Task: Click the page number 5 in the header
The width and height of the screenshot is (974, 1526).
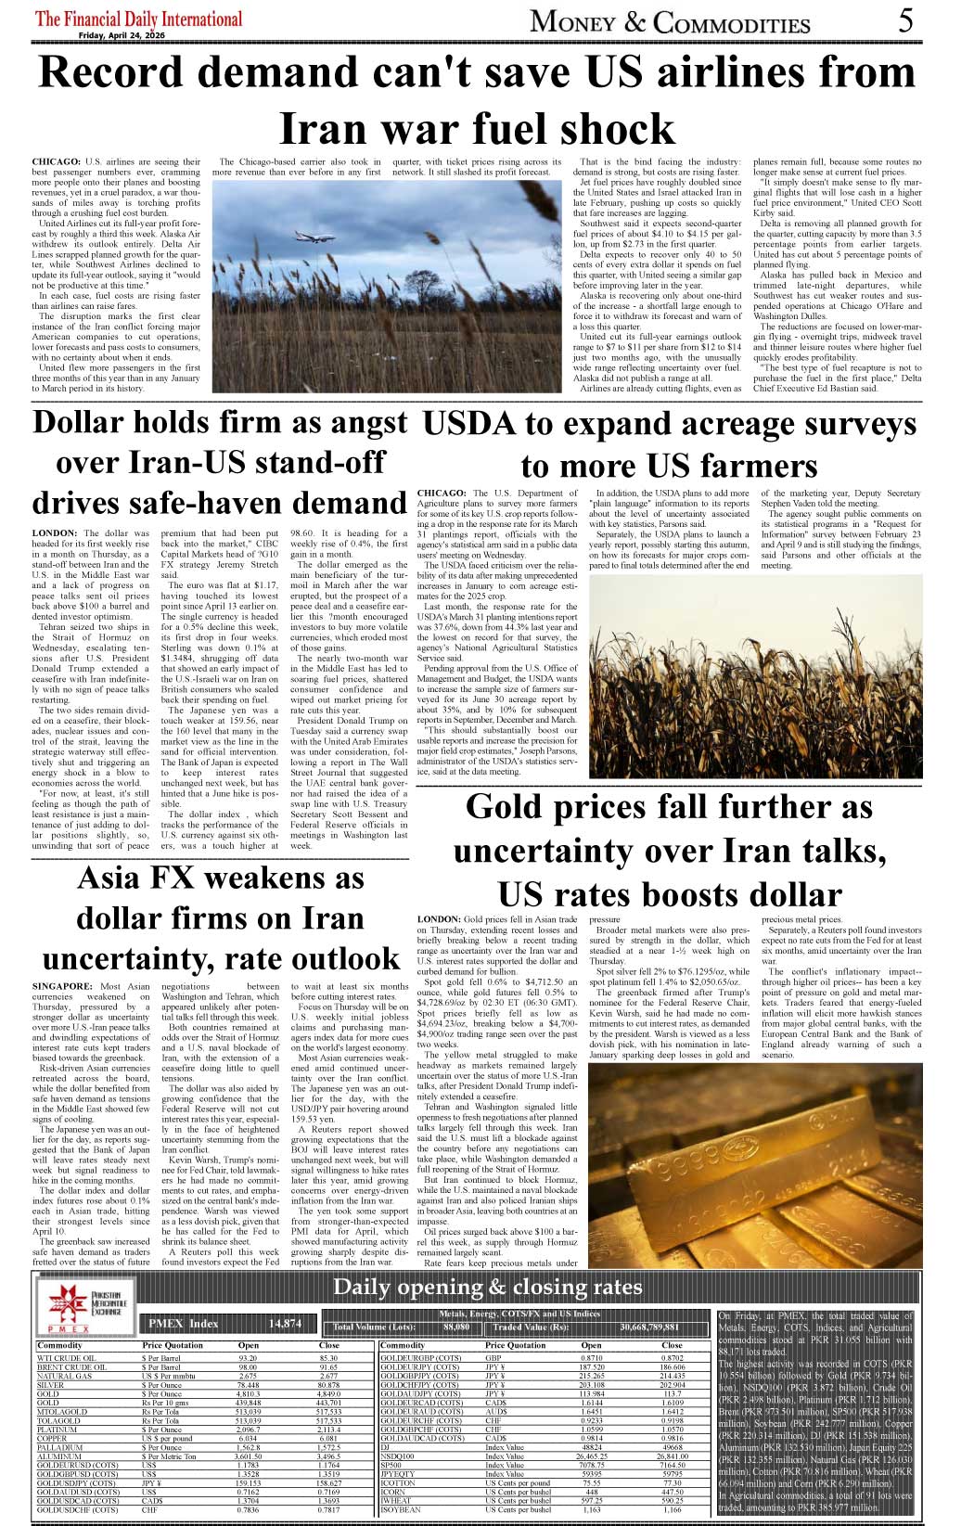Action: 905,20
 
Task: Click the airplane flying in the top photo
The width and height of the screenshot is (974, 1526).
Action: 315,237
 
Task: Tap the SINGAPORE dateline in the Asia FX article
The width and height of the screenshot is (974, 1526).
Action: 62,987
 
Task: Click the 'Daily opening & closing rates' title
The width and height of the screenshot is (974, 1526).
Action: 487,1287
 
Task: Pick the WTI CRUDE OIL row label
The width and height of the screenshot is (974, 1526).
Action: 66,1358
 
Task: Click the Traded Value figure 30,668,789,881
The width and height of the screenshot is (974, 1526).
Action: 649,1327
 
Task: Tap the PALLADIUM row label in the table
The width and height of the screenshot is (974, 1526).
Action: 59,1447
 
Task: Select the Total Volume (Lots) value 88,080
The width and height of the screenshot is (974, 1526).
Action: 456,1327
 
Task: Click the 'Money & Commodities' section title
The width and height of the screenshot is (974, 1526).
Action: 670,21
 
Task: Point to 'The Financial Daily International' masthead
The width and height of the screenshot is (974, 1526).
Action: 138,19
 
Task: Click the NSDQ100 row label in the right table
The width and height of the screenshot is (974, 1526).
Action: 398,1456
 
